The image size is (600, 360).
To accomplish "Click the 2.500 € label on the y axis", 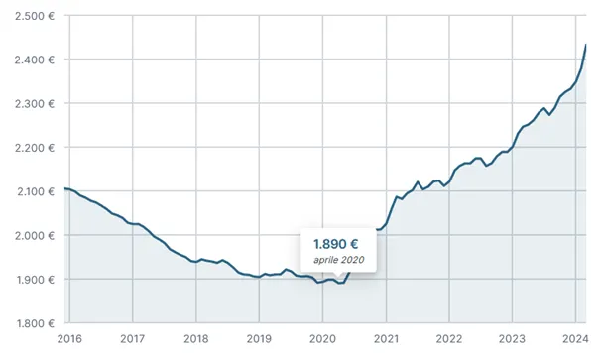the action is (35, 16).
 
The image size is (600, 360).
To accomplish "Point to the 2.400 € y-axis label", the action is (35, 60).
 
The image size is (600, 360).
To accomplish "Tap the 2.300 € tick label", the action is (35, 104).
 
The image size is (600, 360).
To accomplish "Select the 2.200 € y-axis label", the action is (35, 148).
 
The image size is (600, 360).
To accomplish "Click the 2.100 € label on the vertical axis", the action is (35, 192).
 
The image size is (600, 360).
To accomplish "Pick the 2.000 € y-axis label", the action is (35, 236).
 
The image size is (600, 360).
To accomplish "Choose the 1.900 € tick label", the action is (35, 280).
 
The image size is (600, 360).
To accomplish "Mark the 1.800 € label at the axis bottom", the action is (35, 324).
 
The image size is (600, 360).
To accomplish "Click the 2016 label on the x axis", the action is (69, 339).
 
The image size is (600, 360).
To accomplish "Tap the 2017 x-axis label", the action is (133, 339).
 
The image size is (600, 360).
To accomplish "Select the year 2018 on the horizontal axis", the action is (196, 339).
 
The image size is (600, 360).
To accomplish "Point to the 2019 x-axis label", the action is (259, 339).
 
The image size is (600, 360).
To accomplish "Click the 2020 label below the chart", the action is (322, 339).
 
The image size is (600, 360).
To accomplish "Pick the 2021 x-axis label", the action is (386, 339).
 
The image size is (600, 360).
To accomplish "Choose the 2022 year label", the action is (449, 339).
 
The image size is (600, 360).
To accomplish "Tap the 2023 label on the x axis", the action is (512, 339).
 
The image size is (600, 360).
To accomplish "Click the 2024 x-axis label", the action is (575, 339).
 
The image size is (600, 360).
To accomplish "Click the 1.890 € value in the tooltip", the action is (335, 244).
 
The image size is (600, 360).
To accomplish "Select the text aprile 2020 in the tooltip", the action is (338, 260).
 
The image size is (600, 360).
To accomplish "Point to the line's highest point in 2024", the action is (586, 45).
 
